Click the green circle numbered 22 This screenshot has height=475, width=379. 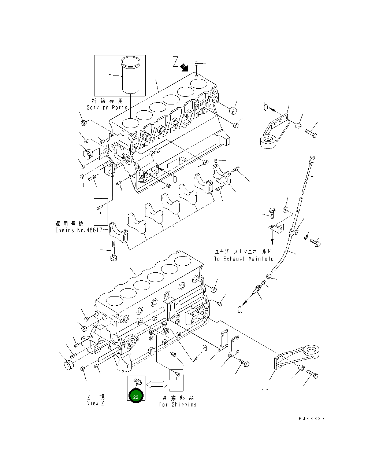coord(136,397)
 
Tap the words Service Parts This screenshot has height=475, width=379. coord(107,107)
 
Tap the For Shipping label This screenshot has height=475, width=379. coord(178,405)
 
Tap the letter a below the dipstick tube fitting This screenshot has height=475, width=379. coord(240,309)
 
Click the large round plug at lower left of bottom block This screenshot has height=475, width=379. coord(69,365)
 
